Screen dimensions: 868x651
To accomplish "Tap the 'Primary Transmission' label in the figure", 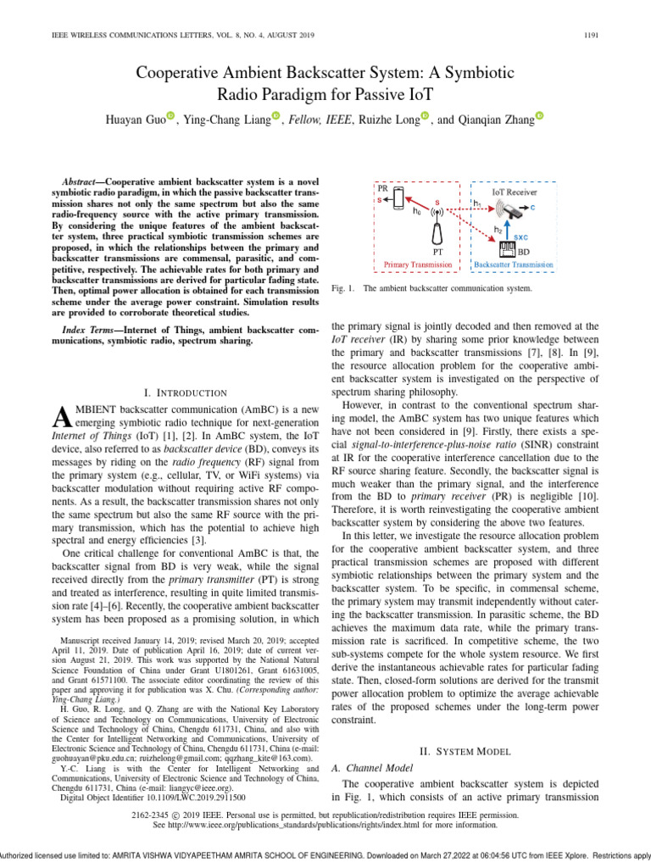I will pyautogui.click(x=418, y=264).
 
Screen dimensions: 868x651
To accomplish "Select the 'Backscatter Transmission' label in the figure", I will pyautogui.click(x=515, y=264).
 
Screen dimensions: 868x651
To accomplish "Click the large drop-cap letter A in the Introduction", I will pyautogui.click(x=61, y=417).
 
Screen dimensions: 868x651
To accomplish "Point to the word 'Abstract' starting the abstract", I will pyautogui.click(x=82, y=182).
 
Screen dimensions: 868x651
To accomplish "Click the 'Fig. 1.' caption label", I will pyautogui.click(x=340, y=289).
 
